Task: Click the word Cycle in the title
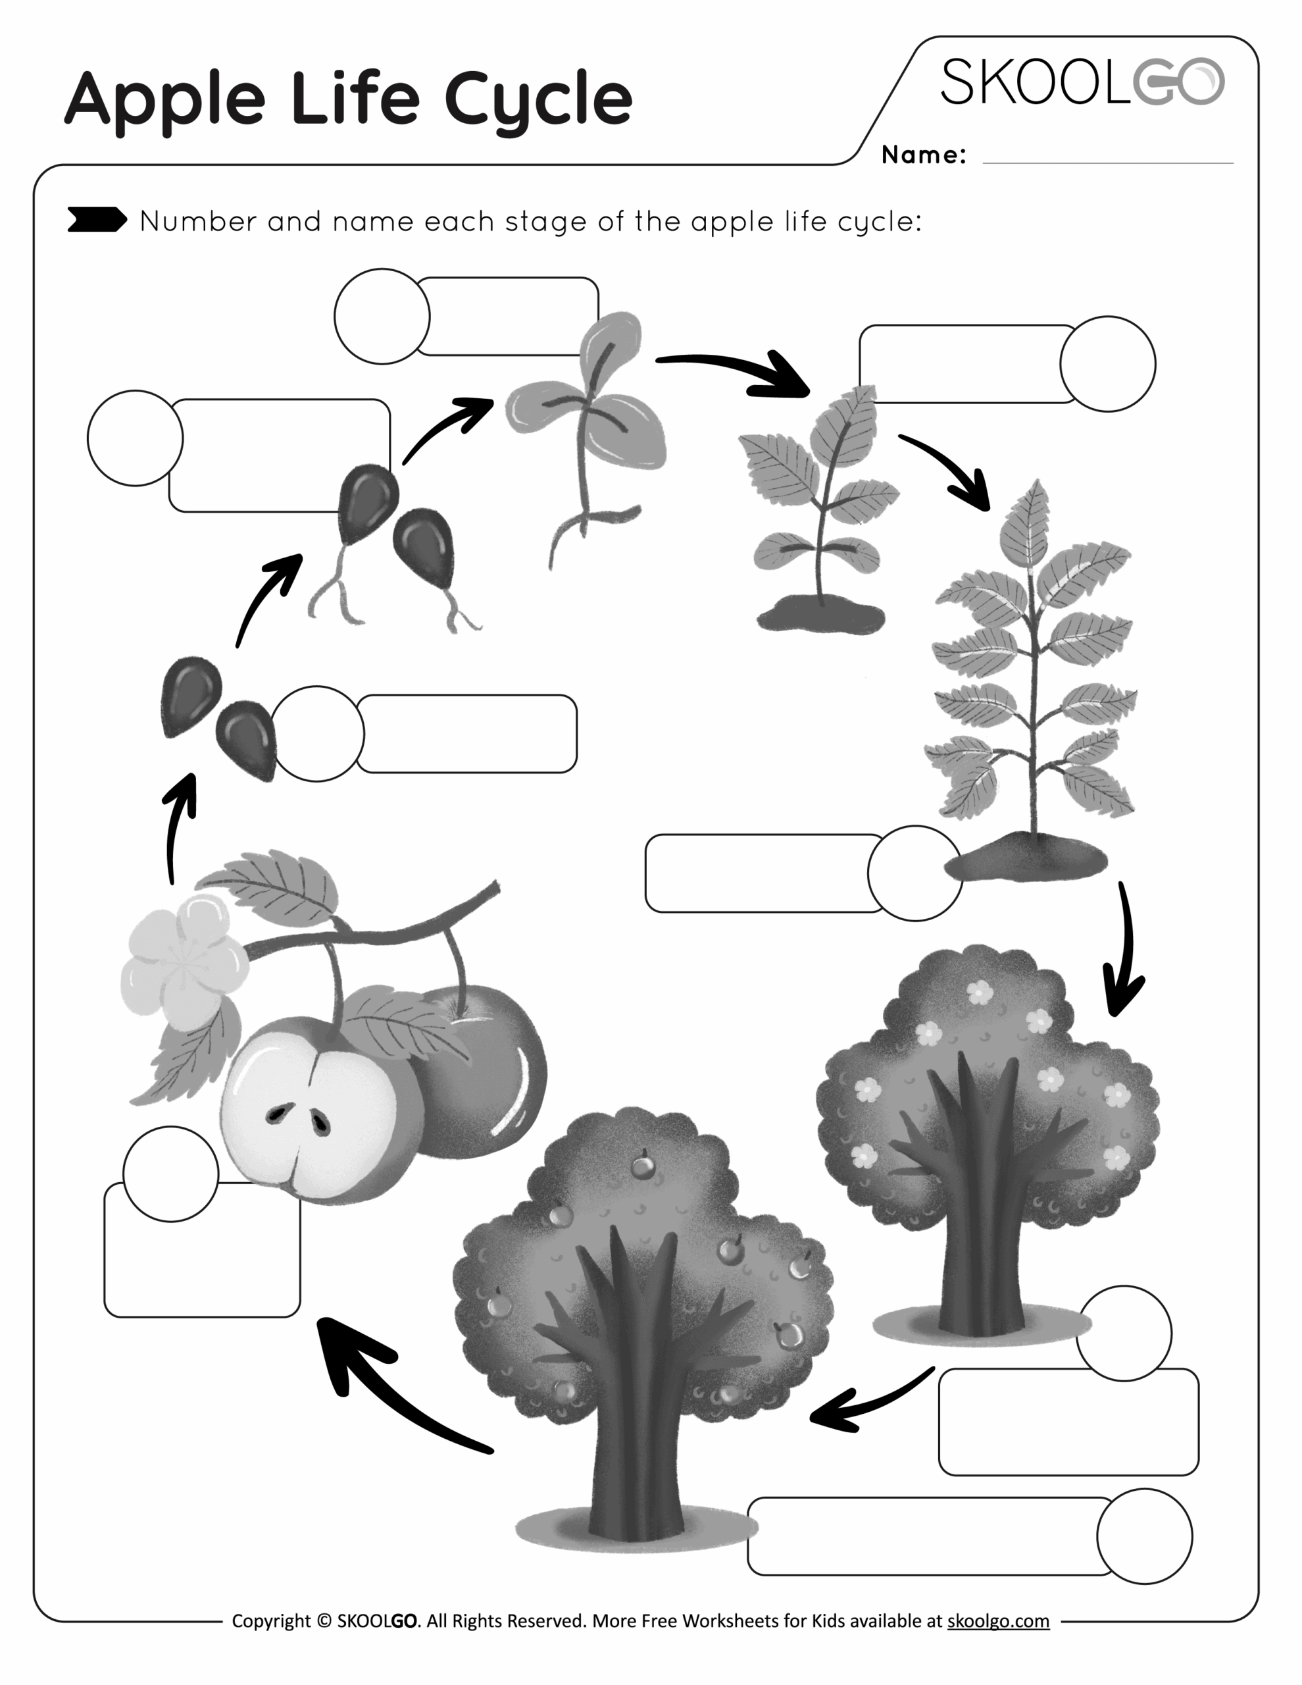[x=538, y=100]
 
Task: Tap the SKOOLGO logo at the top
[x=1082, y=82]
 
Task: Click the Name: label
[x=923, y=155]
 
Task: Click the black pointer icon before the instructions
[x=97, y=220]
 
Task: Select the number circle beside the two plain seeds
[x=316, y=733]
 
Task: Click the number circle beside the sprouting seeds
[x=135, y=438]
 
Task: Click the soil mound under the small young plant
[x=820, y=617]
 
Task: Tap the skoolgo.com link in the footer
[x=997, y=1620]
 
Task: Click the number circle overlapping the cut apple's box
[x=170, y=1174]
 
